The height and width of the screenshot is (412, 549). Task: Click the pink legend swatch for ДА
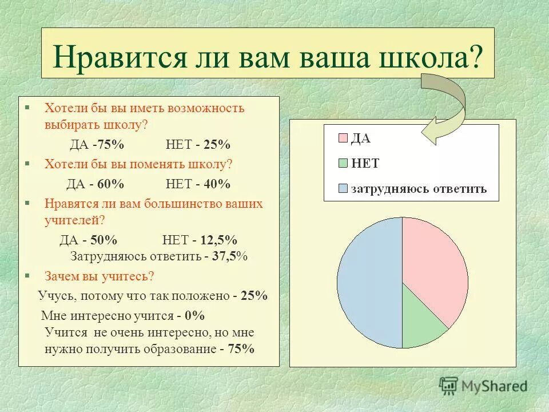(343, 138)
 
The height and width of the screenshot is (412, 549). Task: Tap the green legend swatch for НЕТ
(343, 163)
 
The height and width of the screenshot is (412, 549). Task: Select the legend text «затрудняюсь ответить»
(419, 189)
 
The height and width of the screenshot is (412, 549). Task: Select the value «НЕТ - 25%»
(198, 144)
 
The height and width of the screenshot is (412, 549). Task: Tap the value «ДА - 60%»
(95, 184)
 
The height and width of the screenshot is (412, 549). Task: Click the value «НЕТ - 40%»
(198, 184)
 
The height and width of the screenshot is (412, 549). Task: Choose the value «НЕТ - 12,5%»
(200, 239)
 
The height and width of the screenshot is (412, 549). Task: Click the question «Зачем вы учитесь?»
(99, 276)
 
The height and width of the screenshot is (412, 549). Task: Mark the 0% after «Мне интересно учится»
(195, 315)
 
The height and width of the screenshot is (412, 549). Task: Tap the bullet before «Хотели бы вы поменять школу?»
(26, 163)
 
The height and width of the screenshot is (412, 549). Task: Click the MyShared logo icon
(448, 385)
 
